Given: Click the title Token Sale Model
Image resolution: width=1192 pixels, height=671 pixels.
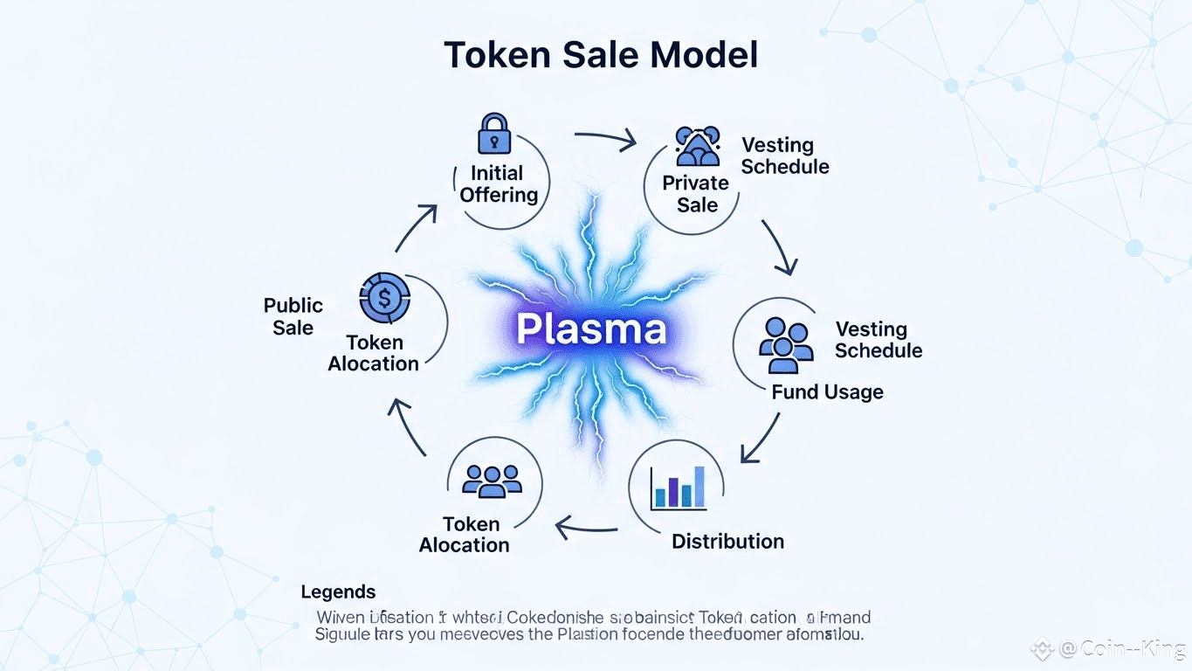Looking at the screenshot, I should point(601,55).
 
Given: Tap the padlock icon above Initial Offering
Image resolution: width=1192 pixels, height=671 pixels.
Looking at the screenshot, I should point(493,134).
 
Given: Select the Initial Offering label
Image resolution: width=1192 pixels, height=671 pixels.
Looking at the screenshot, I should point(498,183).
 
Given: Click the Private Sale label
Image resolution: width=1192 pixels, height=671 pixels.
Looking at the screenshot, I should point(695,194).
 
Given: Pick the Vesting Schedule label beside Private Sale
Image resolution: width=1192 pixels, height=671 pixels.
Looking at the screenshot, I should point(784,156).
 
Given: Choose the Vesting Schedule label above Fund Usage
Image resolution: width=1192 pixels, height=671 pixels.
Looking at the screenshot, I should point(878,340).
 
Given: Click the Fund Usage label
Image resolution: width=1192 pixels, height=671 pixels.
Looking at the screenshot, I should point(827,392).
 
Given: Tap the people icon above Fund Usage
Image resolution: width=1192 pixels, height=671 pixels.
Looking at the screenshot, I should point(785,343).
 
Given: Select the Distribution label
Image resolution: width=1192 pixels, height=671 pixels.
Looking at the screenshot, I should point(727,542).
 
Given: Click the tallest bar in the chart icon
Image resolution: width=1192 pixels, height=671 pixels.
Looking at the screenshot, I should point(699,487).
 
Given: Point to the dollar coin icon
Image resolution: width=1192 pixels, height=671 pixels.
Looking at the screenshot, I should point(384,299).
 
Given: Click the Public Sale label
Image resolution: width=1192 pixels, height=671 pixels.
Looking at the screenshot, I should point(293,316).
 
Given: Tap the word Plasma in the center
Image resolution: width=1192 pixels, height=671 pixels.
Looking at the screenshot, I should point(591,329).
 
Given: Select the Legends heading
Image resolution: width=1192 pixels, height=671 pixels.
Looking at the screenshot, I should point(338,592).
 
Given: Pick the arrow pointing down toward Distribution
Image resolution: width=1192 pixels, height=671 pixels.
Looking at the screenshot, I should point(759,437).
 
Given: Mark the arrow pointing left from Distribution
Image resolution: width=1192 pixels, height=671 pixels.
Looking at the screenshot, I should point(587,526).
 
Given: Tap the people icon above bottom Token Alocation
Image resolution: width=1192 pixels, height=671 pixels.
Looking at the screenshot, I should point(492,480).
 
